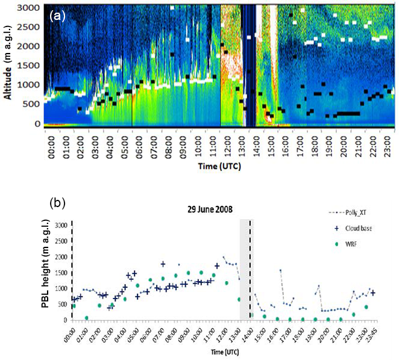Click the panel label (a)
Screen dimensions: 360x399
point(57,16)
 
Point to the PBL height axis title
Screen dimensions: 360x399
point(46,272)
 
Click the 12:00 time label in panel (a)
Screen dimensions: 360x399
point(222,144)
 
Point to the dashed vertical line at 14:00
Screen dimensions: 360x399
point(251,270)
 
